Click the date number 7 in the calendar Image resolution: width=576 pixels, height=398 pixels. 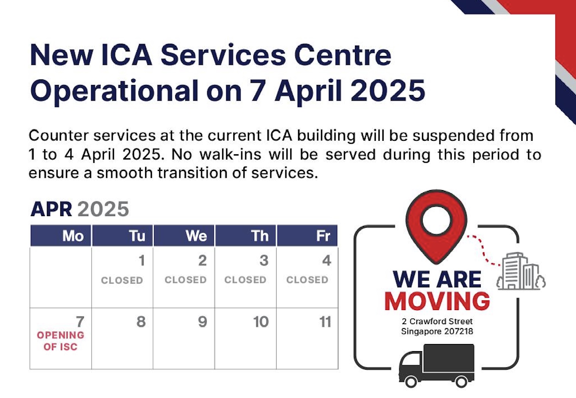(80, 322)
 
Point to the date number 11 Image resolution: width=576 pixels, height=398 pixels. (325, 322)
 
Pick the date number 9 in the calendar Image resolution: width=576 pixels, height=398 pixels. (202, 322)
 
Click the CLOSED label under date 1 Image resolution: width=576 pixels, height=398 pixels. (122, 280)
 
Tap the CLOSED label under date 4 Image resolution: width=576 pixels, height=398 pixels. (307, 280)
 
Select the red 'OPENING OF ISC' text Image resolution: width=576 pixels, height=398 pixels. (60, 341)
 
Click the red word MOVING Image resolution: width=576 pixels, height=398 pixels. (437, 301)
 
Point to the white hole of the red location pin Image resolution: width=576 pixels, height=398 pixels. (436, 220)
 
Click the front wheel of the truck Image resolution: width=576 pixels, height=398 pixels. (411, 382)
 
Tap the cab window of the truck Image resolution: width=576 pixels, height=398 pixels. (411, 359)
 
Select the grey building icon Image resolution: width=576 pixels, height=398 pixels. (521, 271)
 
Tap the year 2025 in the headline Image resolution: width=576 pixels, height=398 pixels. (388, 91)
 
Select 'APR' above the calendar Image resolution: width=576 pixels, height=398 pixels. (51, 209)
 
